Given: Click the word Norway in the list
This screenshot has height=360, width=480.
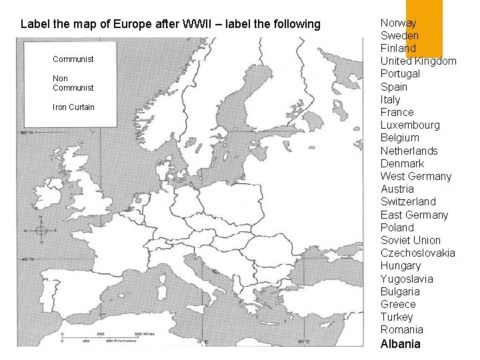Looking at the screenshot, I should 398,23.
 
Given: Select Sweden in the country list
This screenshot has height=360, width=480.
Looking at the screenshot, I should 399,36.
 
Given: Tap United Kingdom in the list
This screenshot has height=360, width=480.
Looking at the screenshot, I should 418,61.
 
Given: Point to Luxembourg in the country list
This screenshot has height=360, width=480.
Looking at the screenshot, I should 410,125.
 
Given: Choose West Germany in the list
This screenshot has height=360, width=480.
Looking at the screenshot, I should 415,177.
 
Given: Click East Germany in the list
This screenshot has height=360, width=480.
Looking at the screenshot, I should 414,215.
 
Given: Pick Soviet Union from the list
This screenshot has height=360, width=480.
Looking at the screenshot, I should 410,240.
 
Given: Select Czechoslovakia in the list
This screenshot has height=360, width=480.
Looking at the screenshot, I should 417,253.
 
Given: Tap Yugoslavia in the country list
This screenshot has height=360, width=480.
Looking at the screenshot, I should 407,279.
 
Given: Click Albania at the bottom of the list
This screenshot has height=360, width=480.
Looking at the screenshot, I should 400,344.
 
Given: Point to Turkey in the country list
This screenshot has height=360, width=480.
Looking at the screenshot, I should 397,317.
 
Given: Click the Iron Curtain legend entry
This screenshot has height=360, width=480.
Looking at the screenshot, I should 73,107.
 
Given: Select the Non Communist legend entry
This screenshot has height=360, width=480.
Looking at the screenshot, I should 73,83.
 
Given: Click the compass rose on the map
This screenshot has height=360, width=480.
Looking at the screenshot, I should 41,231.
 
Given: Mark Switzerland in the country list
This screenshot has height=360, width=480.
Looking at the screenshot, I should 408,201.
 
